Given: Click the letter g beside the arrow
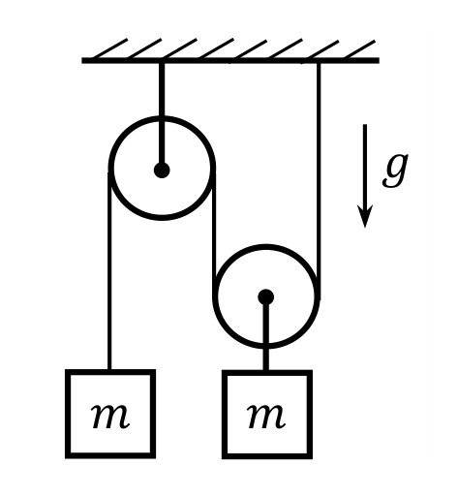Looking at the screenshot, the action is (395, 170).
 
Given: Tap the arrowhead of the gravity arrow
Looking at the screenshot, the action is (365, 216).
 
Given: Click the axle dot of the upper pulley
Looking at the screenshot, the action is (162, 171).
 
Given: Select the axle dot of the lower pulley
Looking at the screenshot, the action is (266, 296).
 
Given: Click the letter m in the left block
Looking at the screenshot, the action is (110, 417).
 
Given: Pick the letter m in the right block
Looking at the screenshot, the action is (266, 417).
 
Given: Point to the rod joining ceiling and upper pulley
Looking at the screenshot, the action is (162, 114).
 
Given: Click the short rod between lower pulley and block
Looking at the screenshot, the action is (266, 333).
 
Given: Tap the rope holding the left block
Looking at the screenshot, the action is (109, 270).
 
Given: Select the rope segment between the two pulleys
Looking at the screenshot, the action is (214, 235).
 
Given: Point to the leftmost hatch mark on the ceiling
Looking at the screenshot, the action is (110, 48).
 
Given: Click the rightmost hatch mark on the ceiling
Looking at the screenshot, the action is (359, 49).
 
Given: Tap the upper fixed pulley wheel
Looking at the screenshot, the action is (110, 168).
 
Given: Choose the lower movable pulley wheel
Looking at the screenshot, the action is (215, 296).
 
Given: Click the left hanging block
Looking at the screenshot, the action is (110, 414).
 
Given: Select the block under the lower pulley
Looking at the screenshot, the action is (267, 415).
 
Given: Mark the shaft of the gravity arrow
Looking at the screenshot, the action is (365, 166).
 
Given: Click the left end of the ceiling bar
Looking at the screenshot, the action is (82, 60).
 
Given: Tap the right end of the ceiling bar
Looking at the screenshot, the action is (379, 60).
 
